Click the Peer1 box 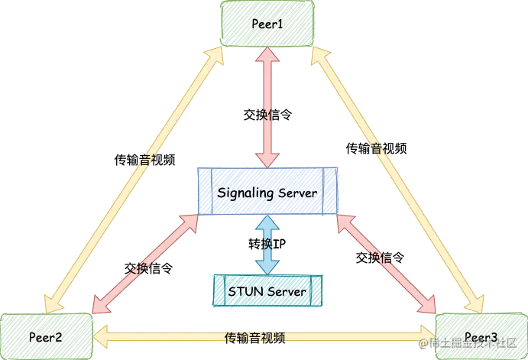click(267, 23)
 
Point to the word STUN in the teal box click(244, 291)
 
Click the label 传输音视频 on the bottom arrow click(254, 336)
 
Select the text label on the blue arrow click(269, 244)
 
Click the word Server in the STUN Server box click(286, 291)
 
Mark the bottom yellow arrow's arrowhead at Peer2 click(100, 336)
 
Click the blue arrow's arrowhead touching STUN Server click(267, 268)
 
